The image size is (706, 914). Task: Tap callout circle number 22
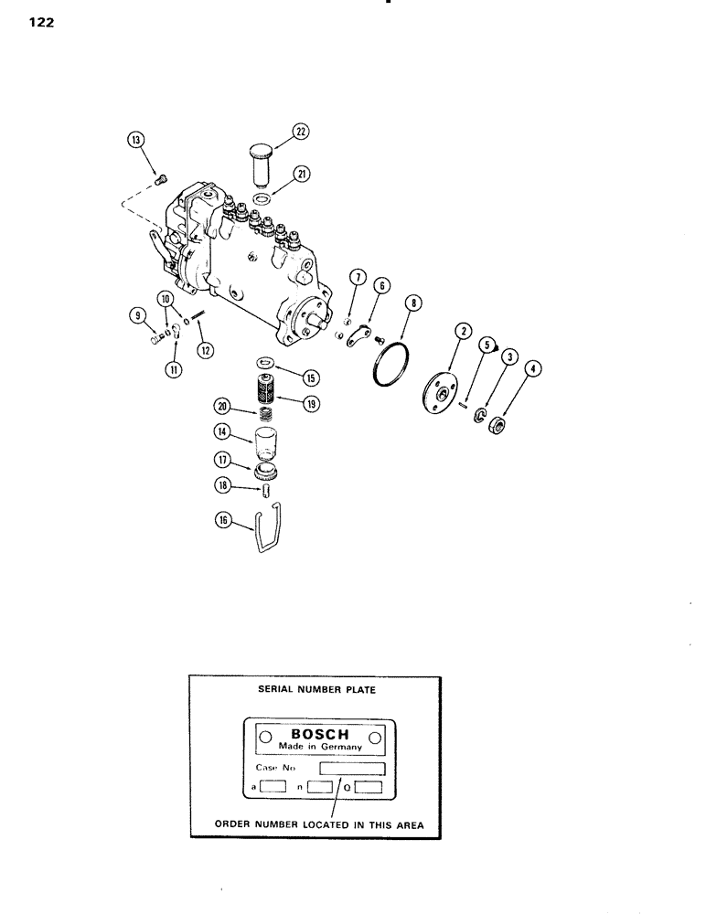click(300, 133)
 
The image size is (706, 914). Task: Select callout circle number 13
click(136, 140)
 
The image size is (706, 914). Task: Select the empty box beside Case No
click(351, 768)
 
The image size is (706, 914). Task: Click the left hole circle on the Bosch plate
click(264, 737)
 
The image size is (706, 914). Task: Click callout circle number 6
click(382, 285)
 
